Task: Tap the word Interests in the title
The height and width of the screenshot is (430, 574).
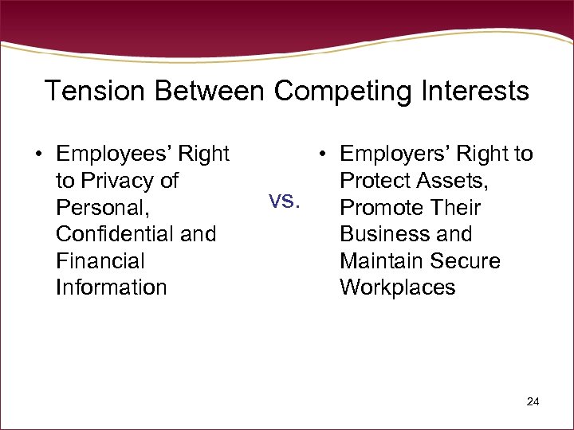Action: tap(470, 91)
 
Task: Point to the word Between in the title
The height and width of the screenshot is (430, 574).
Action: tap(210, 91)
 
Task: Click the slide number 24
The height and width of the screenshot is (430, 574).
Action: tap(533, 402)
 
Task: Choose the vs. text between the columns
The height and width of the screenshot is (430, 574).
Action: tap(285, 201)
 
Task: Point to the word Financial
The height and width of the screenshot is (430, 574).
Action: tap(100, 261)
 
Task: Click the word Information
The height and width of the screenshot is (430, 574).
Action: tap(112, 287)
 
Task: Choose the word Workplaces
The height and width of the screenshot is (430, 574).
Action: tap(397, 287)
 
